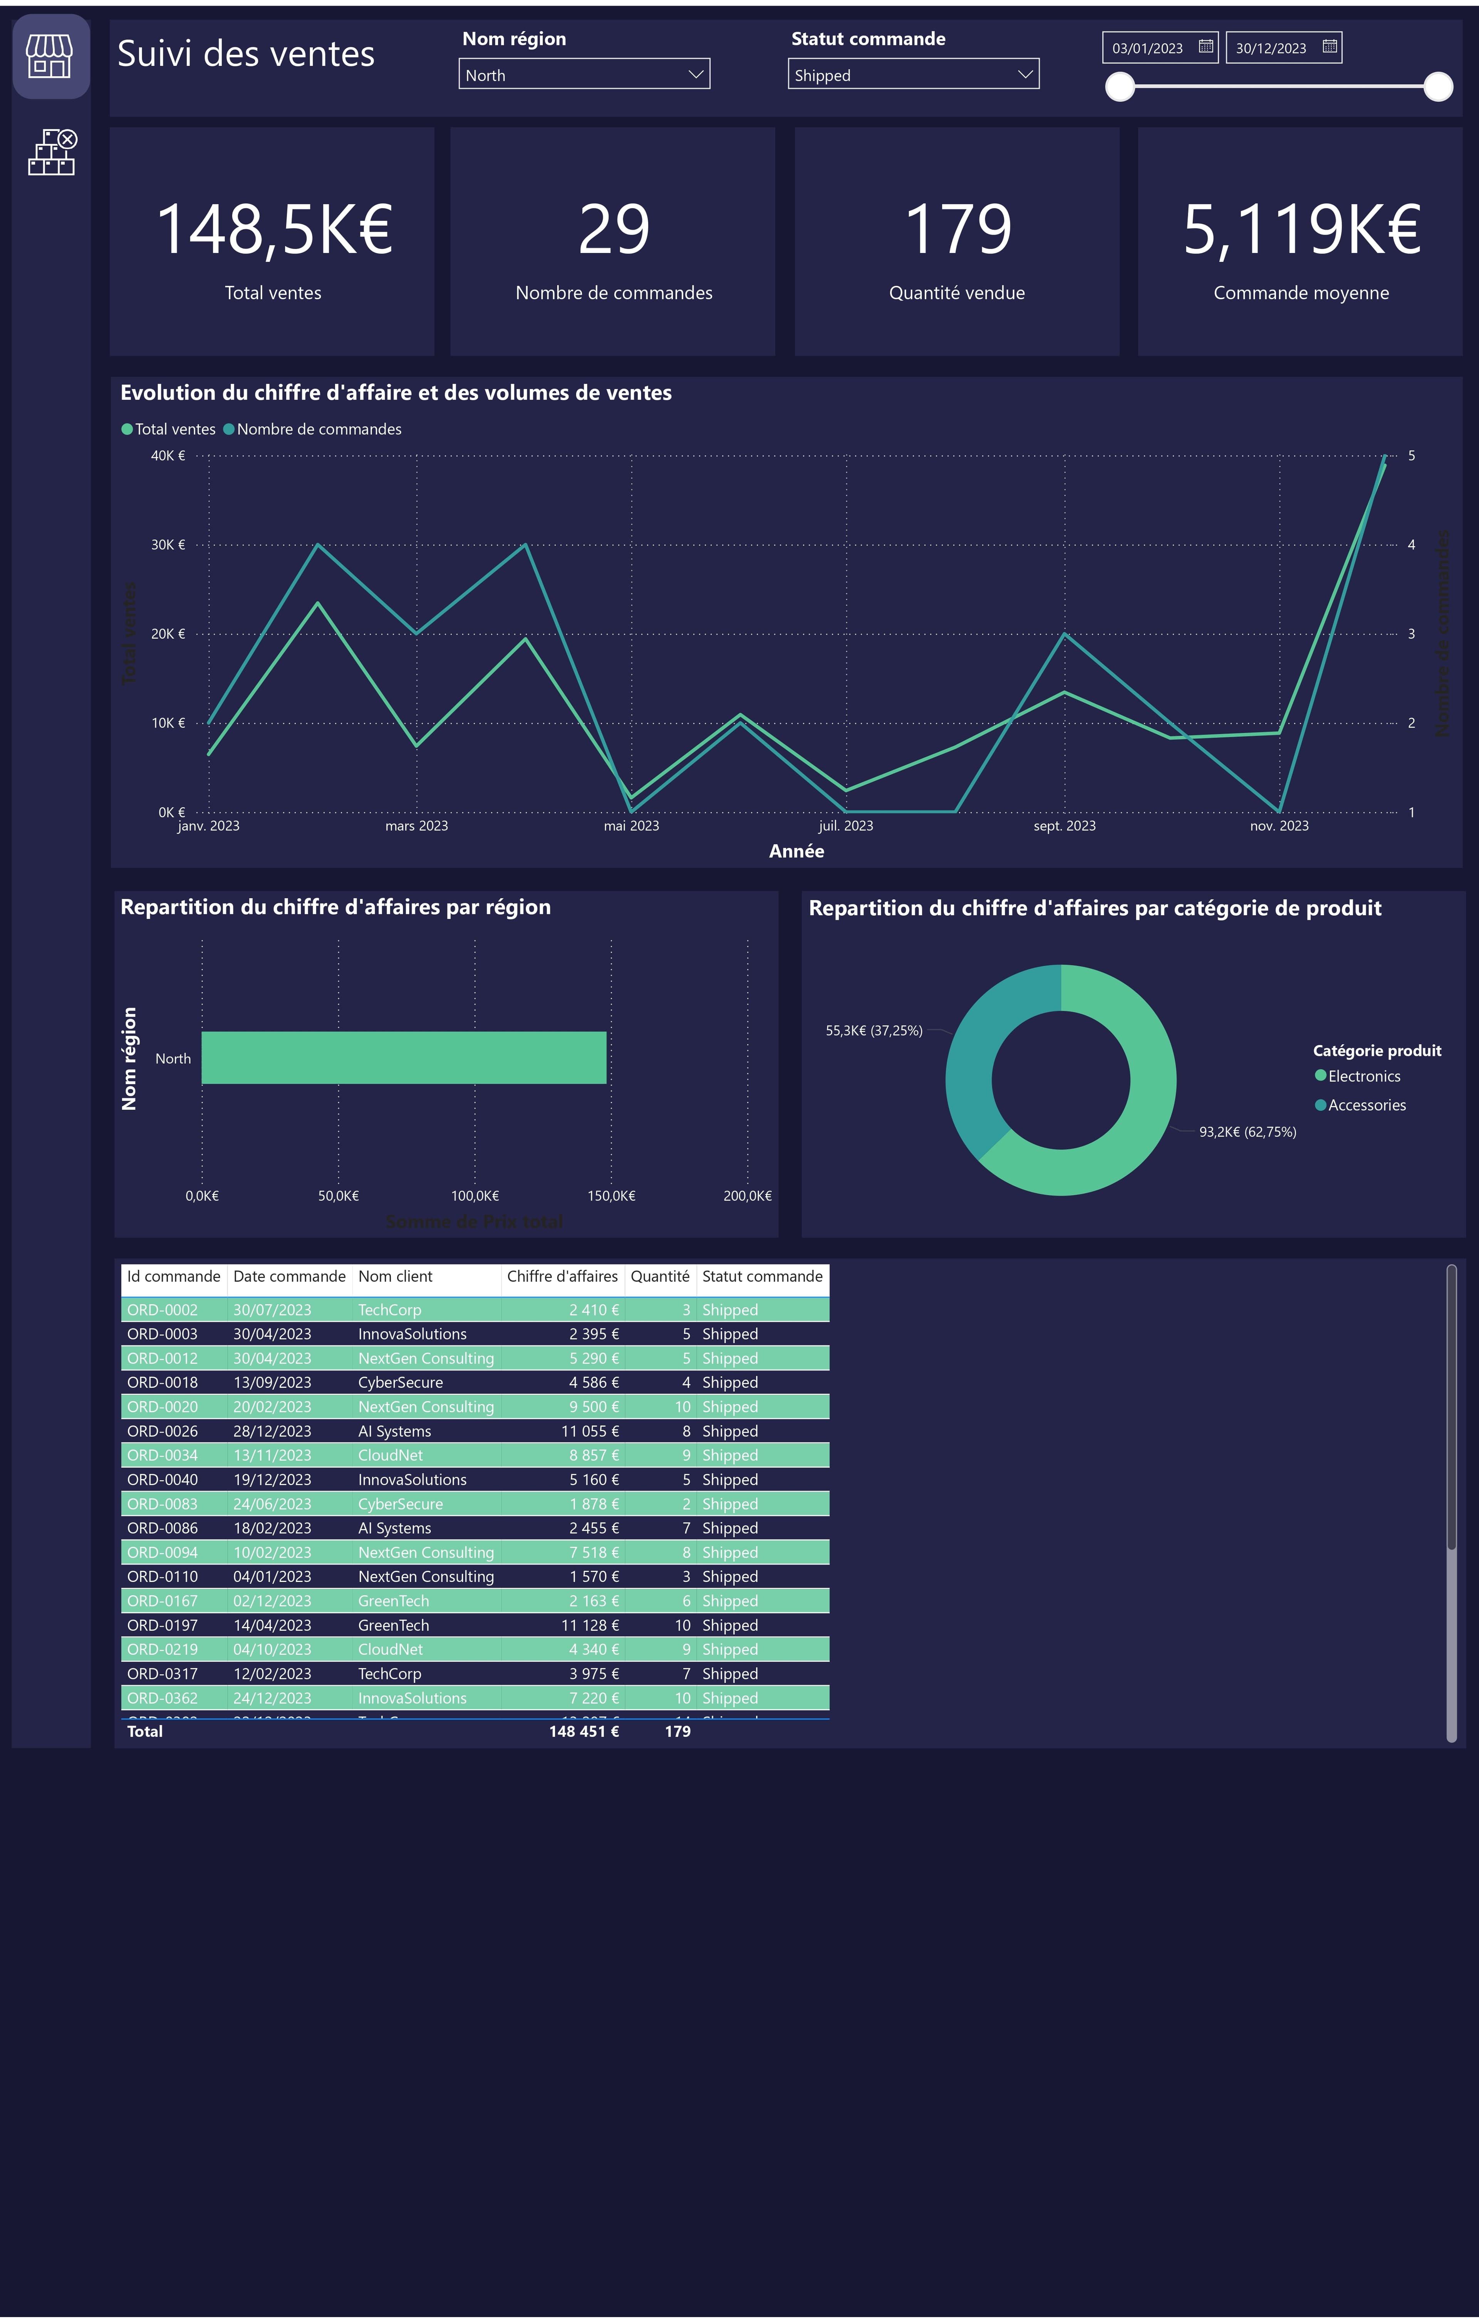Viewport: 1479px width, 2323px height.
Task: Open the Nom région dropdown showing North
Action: point(584,74)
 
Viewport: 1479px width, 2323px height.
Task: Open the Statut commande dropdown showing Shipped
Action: point(913,74)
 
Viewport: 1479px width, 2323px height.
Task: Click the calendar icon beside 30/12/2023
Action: point(1330,46)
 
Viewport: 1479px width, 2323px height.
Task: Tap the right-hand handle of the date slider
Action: point(1437,87)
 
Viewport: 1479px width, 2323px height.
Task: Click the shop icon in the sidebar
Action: point(50,56)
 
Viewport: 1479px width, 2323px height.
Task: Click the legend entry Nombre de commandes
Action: point(319,429)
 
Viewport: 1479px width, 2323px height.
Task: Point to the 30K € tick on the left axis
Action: point(168,545)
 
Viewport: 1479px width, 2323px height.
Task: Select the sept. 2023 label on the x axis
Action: point(1064,826)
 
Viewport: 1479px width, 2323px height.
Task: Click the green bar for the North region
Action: point(403,1057)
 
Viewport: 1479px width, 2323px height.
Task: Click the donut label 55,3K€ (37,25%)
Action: point(873,1030)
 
